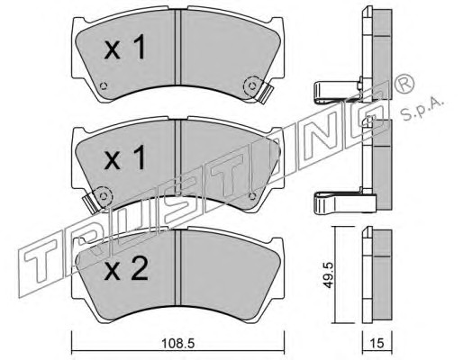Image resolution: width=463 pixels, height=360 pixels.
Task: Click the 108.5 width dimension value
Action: click(178, 343)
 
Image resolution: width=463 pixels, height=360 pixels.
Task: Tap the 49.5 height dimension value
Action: click(328, 275)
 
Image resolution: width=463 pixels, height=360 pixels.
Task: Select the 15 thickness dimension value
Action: click(377, 343)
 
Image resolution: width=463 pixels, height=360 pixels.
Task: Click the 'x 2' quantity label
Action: click(126, 268)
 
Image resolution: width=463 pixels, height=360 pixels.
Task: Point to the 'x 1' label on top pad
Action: click(124, 47)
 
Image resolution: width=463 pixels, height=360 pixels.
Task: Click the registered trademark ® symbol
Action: click(404, 84)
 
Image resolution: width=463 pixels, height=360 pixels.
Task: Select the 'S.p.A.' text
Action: click(422, 109)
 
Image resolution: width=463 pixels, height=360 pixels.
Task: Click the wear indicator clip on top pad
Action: click(265, 93)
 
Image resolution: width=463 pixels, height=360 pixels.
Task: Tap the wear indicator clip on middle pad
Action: click(91, 202)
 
